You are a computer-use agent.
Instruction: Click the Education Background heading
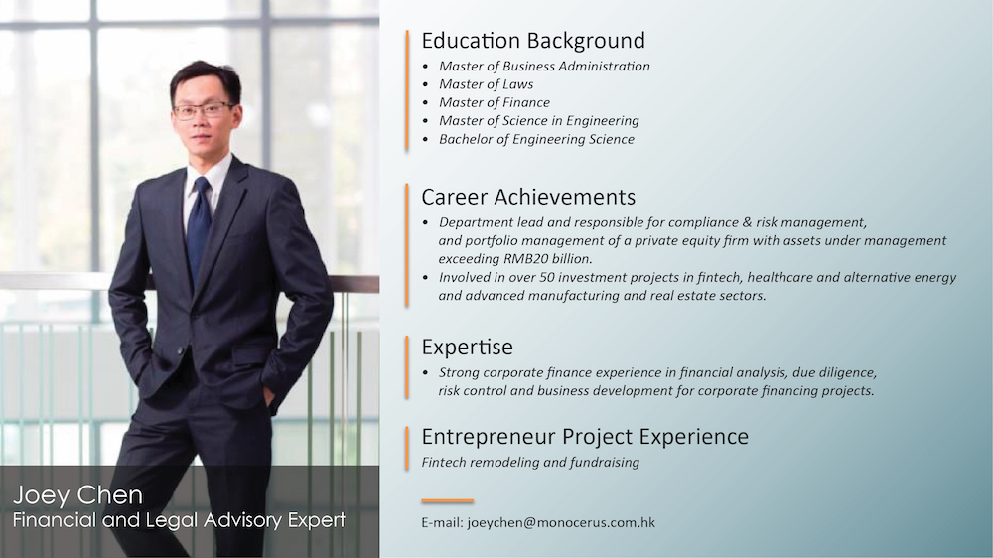click(x=533, y=41)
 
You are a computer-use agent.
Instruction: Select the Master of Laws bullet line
click(x=486, y=84)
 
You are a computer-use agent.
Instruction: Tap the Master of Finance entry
click(x=494, y=102)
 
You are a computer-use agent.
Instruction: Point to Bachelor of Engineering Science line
click(x=536, y=139)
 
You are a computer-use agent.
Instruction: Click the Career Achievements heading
click(x=528, y=197)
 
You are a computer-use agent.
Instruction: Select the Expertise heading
click(x=468, y=348)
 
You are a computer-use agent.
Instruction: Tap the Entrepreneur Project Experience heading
click(x=585, y=437)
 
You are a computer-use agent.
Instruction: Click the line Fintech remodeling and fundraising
click(x=530, y=463)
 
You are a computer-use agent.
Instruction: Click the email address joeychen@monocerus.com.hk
click(x=561, y=523)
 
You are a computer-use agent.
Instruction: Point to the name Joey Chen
click(x=77, y=495)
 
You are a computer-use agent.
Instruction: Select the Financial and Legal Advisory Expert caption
click(x=179, y=520)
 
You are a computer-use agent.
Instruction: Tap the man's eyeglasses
click(x=204, y=110)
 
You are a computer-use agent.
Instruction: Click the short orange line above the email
click(x=448, y=501)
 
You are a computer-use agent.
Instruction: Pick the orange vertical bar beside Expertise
click(x=407, y=367)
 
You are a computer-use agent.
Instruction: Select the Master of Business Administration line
click(x=544, y=66)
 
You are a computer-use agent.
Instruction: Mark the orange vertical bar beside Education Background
click(x=407, y=90)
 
